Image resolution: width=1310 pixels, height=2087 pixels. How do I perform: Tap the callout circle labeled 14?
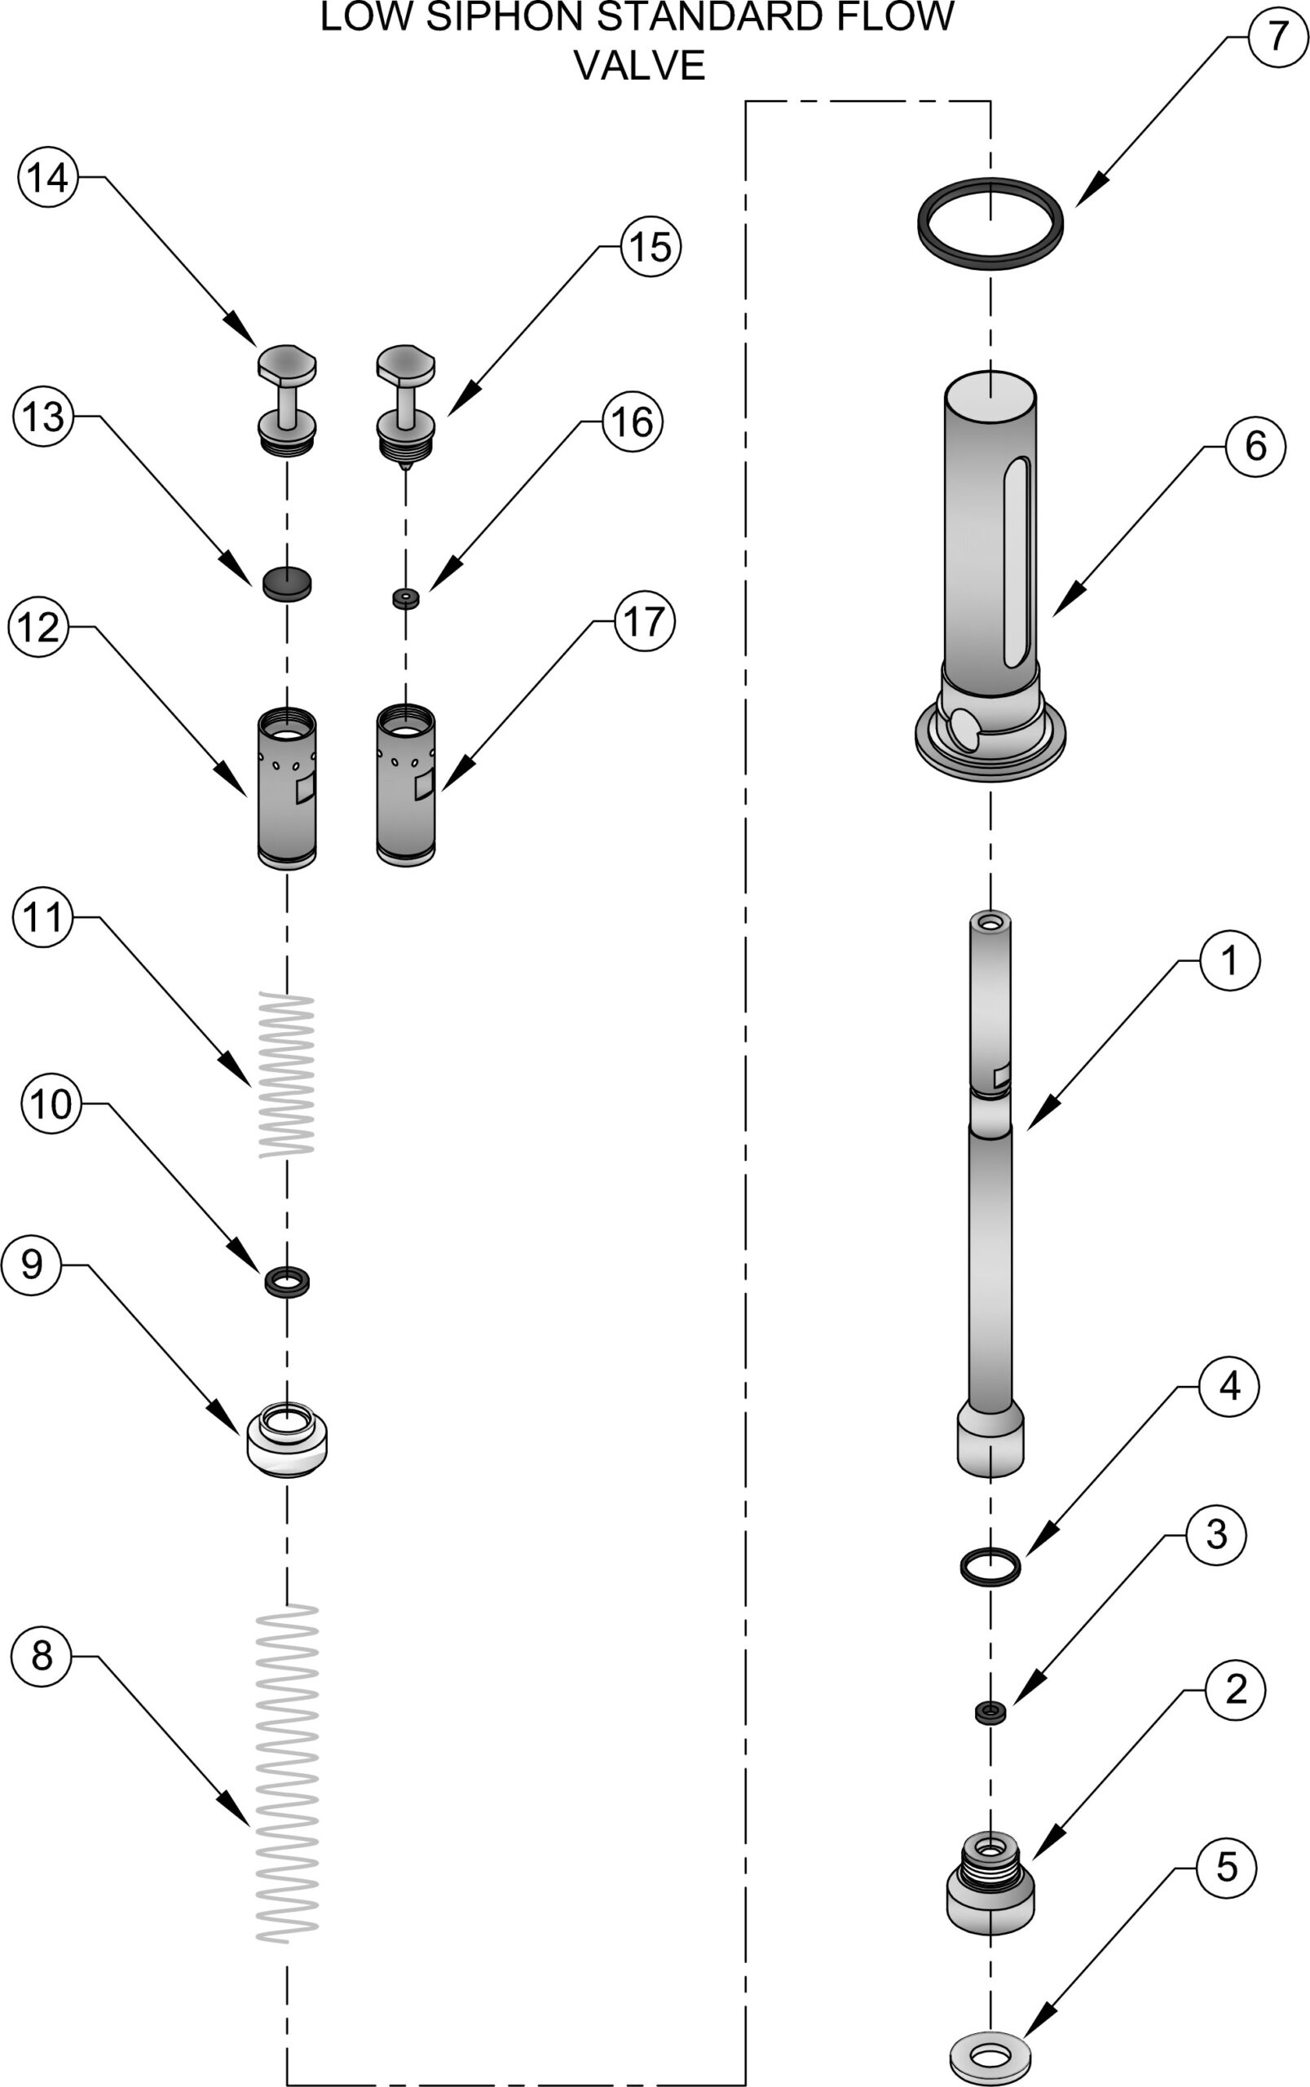click(46, 178)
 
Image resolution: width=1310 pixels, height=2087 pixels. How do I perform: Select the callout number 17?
click(644, 621)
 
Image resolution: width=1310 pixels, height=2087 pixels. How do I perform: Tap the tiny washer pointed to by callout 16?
click(405, 598)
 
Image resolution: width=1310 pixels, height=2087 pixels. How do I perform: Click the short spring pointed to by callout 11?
click(287, 1074)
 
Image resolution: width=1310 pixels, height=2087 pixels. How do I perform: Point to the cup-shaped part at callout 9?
click(287, 1441)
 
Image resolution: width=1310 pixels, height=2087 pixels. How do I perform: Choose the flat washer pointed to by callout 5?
click(990, 2047)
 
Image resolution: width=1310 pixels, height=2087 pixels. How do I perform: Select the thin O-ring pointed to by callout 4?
click(990, 1567)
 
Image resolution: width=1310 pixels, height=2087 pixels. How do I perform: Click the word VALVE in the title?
click(639, 66)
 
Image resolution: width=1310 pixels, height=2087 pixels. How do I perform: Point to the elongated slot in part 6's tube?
click(1016, 563)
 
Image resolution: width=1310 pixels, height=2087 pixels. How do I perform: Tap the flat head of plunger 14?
click(287, 363)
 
